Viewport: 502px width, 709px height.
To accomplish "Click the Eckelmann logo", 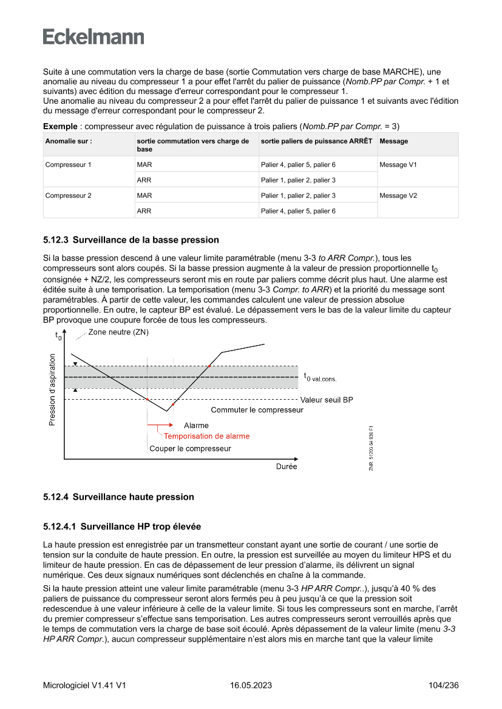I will pyautogui.click(x=93, y=37).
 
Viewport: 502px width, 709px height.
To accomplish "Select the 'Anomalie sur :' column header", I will pyautogui.click(x=69, y=141).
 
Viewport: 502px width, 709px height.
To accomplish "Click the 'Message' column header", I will pyautogui.click(x=394, y=141).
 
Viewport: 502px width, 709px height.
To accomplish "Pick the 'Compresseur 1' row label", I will pyautogui.click(x=68, y=164).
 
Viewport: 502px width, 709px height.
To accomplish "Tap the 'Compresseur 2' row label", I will pyautogui.click(x=68, y=195).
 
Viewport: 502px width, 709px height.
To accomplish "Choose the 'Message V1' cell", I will pyautogui.click(x=398, y=164).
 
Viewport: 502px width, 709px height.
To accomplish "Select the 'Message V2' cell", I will pyautogui.click(x=398, y=195).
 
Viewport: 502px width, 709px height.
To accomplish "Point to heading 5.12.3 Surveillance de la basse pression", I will pyautogui.click(x=131, y=240).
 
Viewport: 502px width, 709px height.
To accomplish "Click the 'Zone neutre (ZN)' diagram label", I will pyautogui.click(x=118, y=332).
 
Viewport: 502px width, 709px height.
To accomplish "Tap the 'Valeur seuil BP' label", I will pyautogui.click(x=327, y=400).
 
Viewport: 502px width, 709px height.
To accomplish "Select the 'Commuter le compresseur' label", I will pyautogui.click(x=257, y=410).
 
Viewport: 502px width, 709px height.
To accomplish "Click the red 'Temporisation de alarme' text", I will pyautogui.click(x=206, y=436).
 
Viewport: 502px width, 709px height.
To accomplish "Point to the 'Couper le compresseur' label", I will pyautogui.click(x=190, y=449).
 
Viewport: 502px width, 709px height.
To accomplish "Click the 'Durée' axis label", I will pyautogui.click(x=287, y=467).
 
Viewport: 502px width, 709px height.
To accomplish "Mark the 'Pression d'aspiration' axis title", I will pyautogui.click(x=52, y=390).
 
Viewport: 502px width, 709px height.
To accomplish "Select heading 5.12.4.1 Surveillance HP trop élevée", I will pyautogui.click(x=122, y=526).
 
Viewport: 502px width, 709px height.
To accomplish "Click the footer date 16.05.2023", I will pyautogui.click(x=251, y=685).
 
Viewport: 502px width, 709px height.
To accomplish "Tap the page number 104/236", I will pyautogui.click(x=443, y=685).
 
